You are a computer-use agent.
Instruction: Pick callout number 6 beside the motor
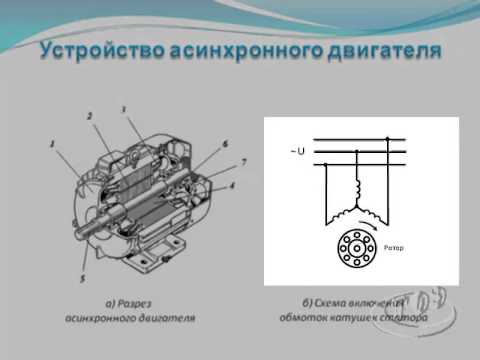pos(225,146)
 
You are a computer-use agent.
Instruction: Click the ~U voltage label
pos(297,151)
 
